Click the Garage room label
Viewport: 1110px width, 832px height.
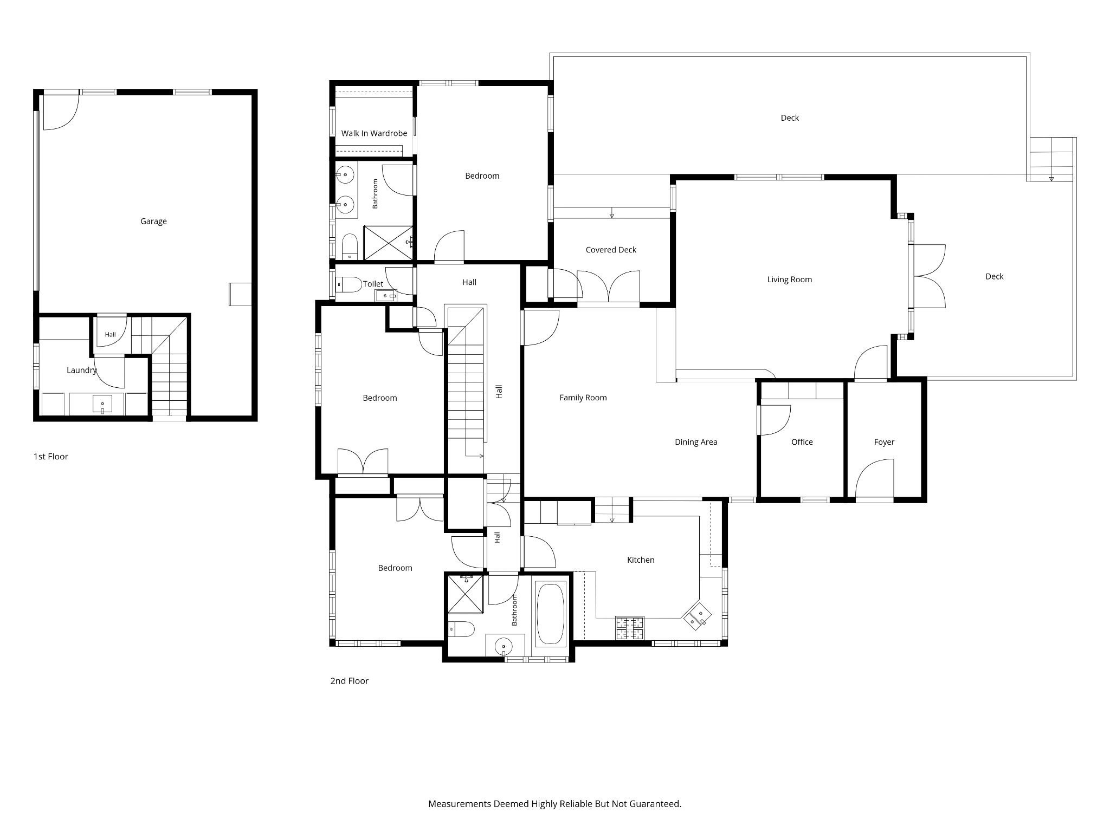tap(153, 222)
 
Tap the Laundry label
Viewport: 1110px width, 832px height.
tap(82, 370)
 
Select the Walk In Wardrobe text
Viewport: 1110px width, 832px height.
tap(374, 133)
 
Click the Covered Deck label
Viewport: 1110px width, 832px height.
tap(611, 250)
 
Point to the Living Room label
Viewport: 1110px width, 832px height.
tap(790, 280)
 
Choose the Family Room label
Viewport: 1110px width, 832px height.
tap(583, 398)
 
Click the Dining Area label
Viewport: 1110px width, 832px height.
tap(696, 443)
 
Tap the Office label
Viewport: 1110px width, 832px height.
tap(802, 442)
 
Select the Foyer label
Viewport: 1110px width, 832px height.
tap(884, 443)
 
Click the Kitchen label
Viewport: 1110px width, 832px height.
tap(641, 560)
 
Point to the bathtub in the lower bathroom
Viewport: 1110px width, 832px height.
tap(551, 614)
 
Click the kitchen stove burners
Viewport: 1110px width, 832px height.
tap(630, 628)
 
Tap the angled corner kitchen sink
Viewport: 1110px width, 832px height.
tap(697, 616)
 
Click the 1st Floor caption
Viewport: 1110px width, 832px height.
tap(51, 457)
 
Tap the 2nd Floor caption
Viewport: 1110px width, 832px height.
tap(350, 681)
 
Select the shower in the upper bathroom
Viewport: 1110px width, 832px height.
tap(388, 243)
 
